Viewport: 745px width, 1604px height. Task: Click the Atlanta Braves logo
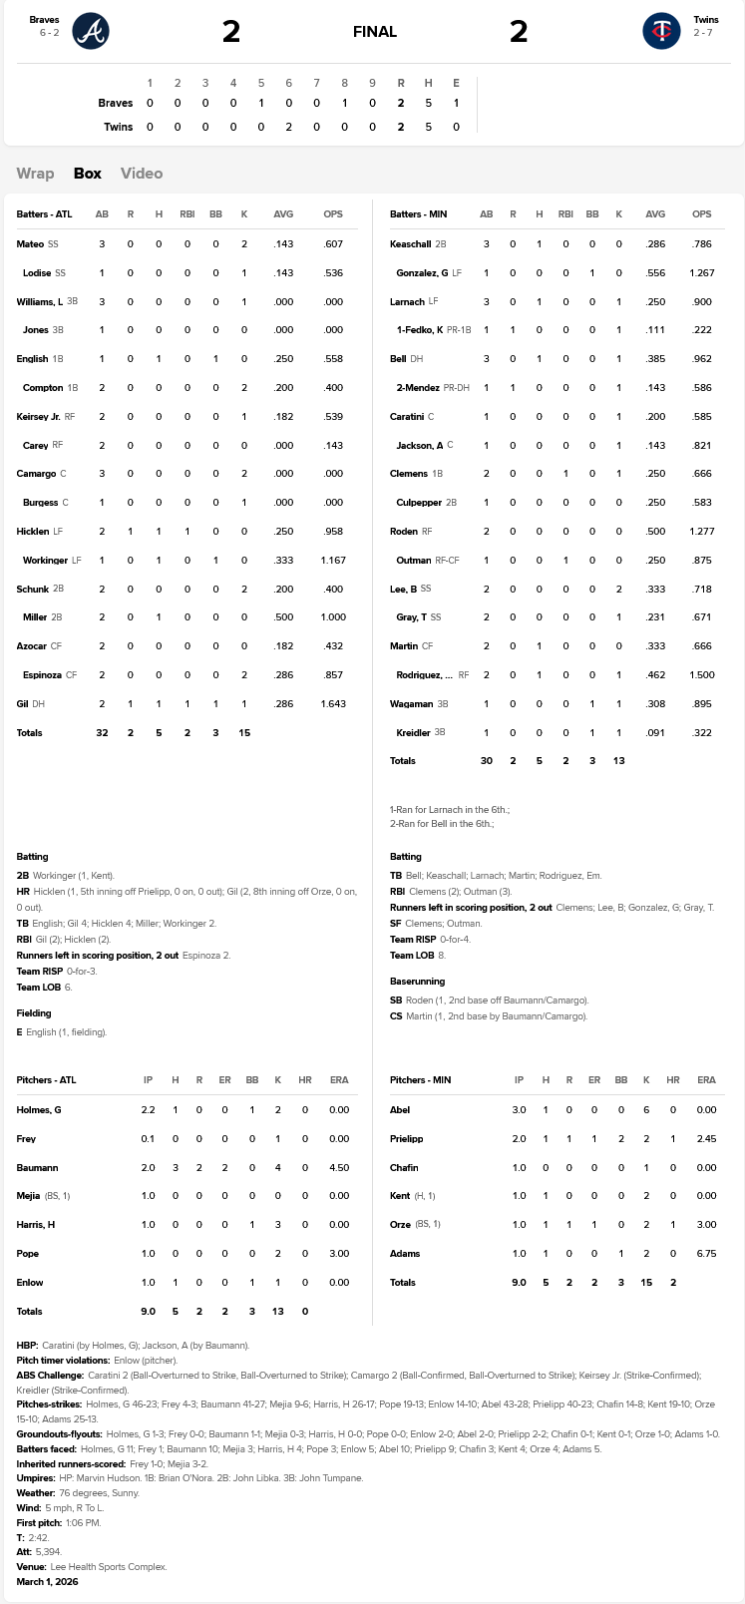91,31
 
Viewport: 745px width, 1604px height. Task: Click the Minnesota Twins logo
661,31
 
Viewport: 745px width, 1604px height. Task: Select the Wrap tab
35,174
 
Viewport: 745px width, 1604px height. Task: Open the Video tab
142,174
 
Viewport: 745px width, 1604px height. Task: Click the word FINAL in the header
375,32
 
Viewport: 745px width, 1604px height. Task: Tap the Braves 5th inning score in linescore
261,103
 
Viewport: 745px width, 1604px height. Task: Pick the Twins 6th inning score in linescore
289,127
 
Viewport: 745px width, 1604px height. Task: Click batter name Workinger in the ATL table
45,561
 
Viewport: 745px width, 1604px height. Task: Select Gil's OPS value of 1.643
333,704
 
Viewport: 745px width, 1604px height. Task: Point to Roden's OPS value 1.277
702,532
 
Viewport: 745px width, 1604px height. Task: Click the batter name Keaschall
410,244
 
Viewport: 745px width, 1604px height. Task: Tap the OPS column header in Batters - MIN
702,214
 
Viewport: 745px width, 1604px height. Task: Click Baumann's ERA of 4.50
339,1168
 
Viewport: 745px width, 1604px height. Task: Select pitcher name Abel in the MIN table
400,1110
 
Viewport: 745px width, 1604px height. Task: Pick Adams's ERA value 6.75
706,1254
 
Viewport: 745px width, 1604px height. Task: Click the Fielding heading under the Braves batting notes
34,1013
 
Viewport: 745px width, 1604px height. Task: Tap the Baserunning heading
417,982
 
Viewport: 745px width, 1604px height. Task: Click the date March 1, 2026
47,1582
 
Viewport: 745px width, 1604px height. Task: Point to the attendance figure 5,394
48,1552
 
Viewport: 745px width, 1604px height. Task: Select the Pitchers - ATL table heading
46,1080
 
